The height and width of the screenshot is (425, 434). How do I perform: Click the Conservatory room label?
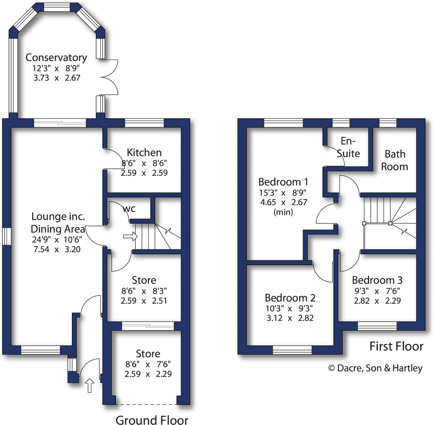click(x=56, y=57)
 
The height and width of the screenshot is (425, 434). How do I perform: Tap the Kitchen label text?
click(x=144, y=152)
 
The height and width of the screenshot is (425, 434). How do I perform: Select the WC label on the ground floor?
click(x=129, y=209)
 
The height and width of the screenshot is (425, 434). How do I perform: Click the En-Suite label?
click(x=348, y=147)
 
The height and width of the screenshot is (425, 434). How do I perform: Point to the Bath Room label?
click(x=394, y=160)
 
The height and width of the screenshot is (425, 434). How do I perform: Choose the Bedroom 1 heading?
click(x=283, y=182)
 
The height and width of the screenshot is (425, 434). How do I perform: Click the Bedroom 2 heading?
click(x=290, y=298)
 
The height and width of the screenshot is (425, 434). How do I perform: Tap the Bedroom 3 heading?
click(x=377, y=280)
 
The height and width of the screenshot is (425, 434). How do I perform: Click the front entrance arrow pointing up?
click(x=90, y=385)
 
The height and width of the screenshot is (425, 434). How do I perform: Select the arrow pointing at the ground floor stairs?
click(x=130, y=237)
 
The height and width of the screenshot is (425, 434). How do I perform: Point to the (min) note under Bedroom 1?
click(x=283, y=212)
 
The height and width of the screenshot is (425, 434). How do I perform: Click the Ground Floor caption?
click(x=152, y=420)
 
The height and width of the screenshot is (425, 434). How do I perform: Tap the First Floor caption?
click(x=396, y=346)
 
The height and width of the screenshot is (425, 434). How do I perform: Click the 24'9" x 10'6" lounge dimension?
click(x=57, y=239)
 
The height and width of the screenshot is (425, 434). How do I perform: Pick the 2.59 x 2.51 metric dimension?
click(x=144, y=301)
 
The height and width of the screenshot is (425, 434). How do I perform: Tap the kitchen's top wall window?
click(x=144, y=123)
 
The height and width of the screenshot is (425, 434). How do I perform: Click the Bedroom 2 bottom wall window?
click(x=292, y=350)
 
